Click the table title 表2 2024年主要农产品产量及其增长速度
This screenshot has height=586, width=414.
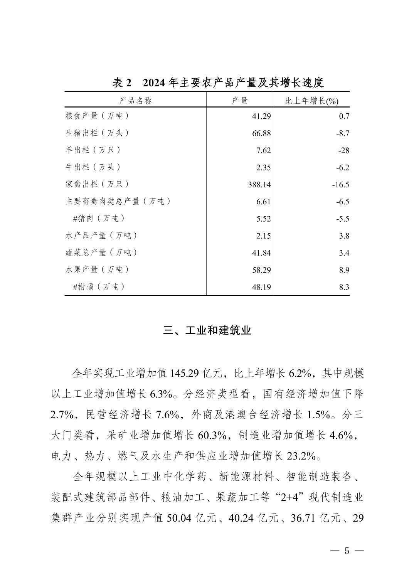click(218, 83)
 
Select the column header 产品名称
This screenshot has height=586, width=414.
click(135, 101)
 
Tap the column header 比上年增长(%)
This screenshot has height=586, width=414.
click(311, 101)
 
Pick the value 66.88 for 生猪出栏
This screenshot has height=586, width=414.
click(261, 133)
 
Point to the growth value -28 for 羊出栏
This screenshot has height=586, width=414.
click(343, 150)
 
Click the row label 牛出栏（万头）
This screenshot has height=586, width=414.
click(93, 167)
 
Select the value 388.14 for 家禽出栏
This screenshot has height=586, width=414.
click(259, 185)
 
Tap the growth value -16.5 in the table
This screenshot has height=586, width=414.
click(340, 185)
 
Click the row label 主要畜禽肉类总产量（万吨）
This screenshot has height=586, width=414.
click(118, 201)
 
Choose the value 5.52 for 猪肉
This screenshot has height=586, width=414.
click(263, 219)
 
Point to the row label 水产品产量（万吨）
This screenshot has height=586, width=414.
click(101, 236)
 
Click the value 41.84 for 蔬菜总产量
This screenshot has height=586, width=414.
click(261, 253)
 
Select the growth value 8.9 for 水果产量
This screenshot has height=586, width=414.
click(344, 270)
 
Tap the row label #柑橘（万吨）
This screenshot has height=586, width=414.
click(99, 287)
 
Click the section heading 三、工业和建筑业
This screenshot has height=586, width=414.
click(207, 330)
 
